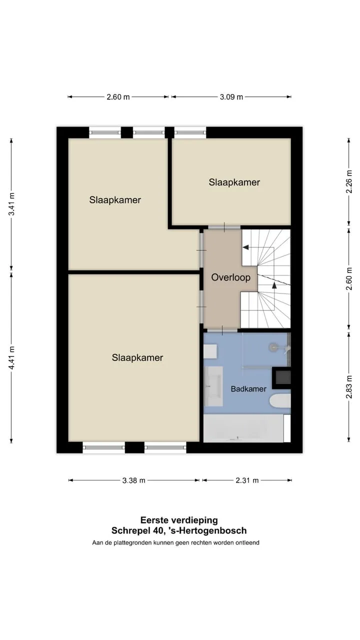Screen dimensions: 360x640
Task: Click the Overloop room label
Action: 231,277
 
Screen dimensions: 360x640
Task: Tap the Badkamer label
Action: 248,389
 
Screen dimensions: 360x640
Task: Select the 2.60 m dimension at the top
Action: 118,97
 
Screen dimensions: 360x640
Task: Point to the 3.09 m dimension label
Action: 231,97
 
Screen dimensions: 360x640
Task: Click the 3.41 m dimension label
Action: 11,204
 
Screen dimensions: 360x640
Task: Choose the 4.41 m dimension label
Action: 11,357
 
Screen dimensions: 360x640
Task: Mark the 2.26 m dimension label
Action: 349,181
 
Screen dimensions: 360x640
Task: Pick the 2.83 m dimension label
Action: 349,387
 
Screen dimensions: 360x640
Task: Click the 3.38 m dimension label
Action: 133,480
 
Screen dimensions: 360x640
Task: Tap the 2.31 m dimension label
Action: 247,480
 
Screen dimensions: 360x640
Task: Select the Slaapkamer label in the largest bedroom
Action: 137,357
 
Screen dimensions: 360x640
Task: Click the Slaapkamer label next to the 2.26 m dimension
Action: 234,182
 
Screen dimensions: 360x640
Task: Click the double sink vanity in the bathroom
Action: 213,386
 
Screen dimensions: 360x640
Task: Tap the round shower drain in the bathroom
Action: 273,347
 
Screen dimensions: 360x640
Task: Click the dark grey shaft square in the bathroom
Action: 281,377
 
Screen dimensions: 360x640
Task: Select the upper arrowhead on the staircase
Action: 245,247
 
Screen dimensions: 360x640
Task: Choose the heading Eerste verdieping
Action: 179,520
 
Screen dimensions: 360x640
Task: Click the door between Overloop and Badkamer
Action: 222,330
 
